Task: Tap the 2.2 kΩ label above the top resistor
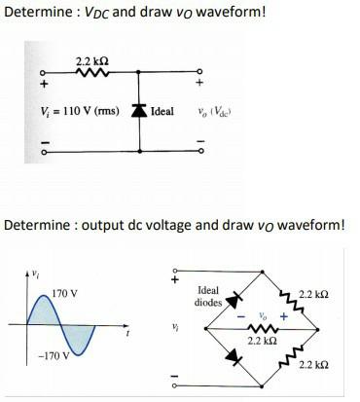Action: [82, 61]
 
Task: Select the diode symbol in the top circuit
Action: [140, 112]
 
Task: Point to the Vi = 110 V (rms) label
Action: [72, 112]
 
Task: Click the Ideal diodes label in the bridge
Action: [209, 296]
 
